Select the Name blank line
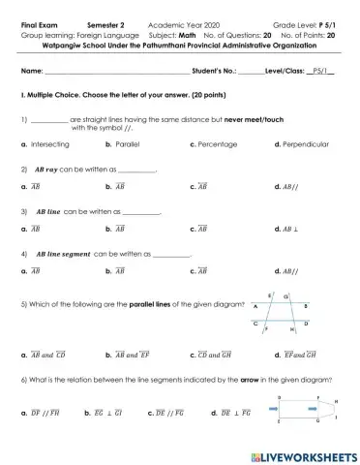click(117, 72)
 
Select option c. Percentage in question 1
click(218, 142)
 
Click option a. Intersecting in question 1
click(45, 142)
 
